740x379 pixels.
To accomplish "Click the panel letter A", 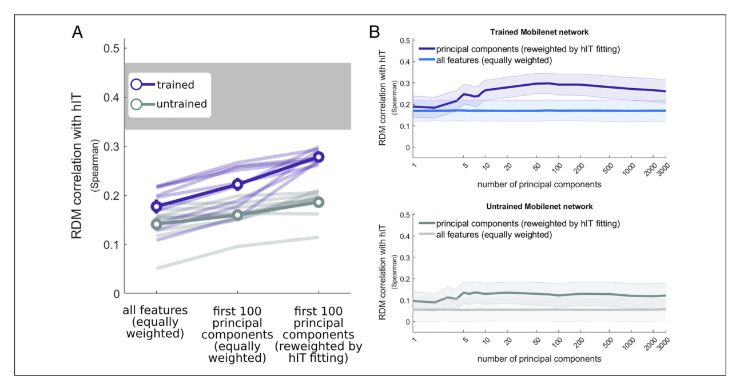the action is click(78, 33).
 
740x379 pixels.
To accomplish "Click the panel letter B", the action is click(375, 32).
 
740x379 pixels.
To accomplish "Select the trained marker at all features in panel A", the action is click(157, 206).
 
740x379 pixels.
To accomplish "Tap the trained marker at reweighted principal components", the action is click(319, 157).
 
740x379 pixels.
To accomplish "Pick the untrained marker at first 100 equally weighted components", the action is click(237, 215).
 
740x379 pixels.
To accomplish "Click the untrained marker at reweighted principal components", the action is click(319, 203).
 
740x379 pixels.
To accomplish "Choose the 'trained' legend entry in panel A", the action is click(162, 85).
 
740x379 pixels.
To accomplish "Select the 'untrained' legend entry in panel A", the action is click(169, 104).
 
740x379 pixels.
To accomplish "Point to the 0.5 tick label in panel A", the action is click(111, 48).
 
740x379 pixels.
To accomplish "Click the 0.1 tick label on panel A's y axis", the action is click(111, 244).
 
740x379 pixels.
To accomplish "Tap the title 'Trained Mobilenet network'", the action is click(539, 32).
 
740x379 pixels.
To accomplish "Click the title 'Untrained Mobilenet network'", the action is click(539, 206).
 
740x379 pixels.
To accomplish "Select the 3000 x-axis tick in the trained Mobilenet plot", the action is click(663, 169).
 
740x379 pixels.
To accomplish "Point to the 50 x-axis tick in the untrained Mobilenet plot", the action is click(537, 341).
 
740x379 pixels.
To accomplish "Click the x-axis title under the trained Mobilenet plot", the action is click(539, 184).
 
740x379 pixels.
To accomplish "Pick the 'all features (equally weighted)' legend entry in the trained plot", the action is click(486, 60).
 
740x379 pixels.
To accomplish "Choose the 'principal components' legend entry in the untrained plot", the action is click(519, 223).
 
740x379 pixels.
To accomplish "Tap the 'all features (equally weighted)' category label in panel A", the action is click(155, 322).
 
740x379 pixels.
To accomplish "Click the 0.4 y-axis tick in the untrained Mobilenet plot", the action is click(405, 236).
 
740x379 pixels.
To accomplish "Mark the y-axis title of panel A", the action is click(76, 166).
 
